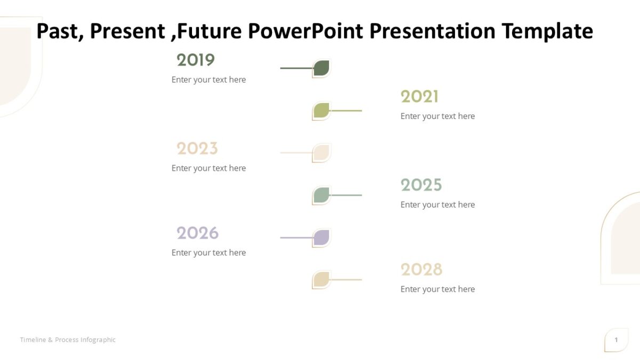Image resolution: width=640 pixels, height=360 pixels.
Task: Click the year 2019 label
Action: click(x=195, y=60)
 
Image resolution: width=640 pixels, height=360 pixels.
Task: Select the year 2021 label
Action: click(x=420, y=97)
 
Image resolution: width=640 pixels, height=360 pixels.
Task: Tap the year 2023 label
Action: click(x=197, y=148)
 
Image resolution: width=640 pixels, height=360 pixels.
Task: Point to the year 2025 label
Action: click(x=421, y=185)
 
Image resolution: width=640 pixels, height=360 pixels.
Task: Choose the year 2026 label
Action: click(x=198, y=233)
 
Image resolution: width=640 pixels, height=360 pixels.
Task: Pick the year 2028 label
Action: click(x=421, y=269)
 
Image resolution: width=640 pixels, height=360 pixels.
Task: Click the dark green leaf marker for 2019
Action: click(x=321, y=68)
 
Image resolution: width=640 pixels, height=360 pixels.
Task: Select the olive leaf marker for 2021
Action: click(x=321, y=110)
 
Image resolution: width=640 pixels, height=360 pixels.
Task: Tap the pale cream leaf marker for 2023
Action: click(x=321, y=153)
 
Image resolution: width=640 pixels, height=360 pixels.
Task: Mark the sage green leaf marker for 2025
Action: click(x=321, y=195)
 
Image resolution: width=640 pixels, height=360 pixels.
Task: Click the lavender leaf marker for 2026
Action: click(x=321, y=237)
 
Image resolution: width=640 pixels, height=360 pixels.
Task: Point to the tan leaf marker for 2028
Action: click(x=321, y=279)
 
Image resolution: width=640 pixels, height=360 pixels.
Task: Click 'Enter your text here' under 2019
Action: click(x=209, y=80)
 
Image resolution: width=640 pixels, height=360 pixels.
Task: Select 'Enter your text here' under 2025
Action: click(x=437, y=205)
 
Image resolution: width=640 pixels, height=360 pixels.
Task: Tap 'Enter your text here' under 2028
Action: click(x=437, y=289)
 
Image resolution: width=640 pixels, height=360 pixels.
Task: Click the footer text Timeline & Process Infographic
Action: click(x=68, y=340)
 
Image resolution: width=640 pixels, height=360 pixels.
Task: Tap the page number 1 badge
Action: click(x=616, y=340)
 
